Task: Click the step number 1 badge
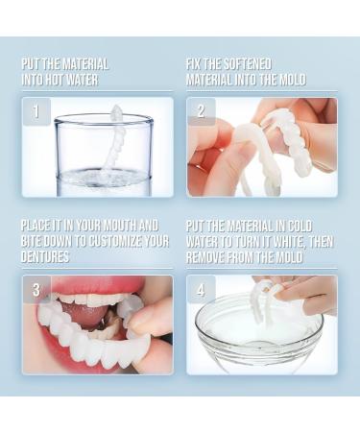click(x=36, y=111)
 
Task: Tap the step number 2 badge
click(x=201, y=111)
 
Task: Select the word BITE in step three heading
click(x=35, y=241)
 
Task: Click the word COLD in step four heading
click(x=318, y=226)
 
